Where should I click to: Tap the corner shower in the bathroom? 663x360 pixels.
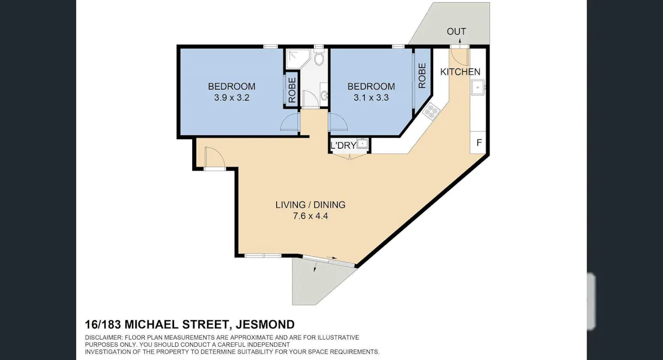click(x=297, y=59)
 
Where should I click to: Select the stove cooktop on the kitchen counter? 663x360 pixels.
click(x=431, y=111)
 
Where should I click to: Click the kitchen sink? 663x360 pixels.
click(x=477, y=87)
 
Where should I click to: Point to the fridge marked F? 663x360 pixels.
click(x=478, y=142)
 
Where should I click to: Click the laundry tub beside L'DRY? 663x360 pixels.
click(x=362, y=144)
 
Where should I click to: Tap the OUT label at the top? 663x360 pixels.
click(x=456, y=31)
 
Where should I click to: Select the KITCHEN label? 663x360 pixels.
click(x=460, y=72)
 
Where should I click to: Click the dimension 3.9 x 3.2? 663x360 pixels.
click(x=231, y=98)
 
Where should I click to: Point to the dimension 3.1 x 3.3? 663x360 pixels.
click(x=371, y=98)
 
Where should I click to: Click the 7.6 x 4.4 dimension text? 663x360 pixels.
click(x=310, y=216)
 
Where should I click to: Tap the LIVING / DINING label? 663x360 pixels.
click(x=310, y=205)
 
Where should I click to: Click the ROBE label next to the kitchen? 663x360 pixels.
click(x=422, y=76)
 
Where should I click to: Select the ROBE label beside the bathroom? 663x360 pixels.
click(x=292, y=90)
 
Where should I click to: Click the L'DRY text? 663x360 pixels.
click(x=343, y=146)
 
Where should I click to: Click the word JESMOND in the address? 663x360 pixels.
click(x=265, y=325)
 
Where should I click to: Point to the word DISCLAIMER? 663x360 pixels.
click(x=104, y=337)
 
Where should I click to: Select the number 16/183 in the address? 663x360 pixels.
click(x=103, y=325)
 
